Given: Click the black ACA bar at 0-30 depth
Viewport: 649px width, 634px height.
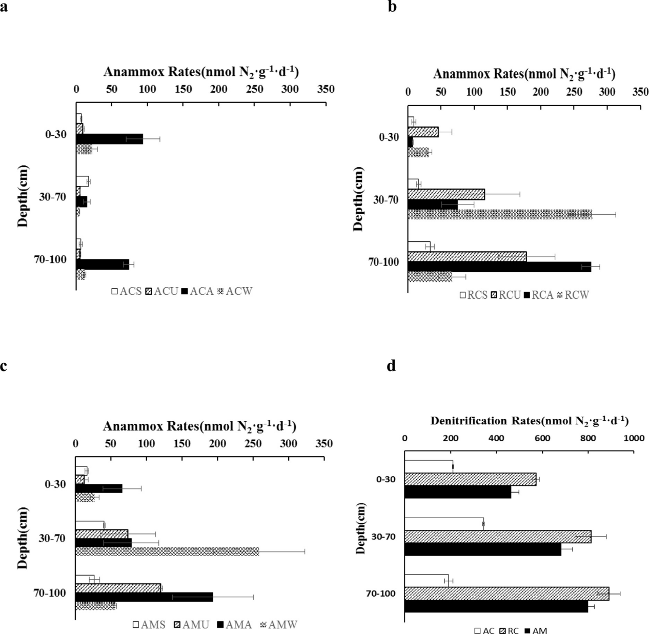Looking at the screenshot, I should coord(109,139).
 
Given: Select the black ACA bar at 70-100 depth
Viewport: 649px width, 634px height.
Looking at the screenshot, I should coord(103,264).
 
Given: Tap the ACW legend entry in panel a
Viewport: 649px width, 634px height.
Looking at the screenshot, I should coord(236,292).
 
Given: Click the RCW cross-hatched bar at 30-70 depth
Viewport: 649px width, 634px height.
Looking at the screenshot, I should coord(500,214).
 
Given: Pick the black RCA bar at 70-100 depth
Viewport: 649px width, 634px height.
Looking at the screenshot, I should coord(499,267).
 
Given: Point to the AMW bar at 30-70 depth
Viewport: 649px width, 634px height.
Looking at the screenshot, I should coord(167,551).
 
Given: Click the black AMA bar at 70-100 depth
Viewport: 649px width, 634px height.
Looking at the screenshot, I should coord(144,597).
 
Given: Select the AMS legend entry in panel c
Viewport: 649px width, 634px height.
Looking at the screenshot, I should coord(149,625).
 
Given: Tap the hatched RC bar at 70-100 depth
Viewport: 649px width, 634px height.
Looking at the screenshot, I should coord(506,594).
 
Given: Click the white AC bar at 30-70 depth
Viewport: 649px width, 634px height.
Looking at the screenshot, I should coord(444,523).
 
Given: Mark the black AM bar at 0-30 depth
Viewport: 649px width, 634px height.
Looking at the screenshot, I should coord(458,492).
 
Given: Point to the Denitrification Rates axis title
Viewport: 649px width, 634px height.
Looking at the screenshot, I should coord(529,421).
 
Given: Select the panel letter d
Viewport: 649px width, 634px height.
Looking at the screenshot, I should coord(392,367).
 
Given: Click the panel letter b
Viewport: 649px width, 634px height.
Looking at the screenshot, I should coord(393,8).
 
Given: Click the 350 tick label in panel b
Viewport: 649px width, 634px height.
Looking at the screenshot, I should coord(640,92).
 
